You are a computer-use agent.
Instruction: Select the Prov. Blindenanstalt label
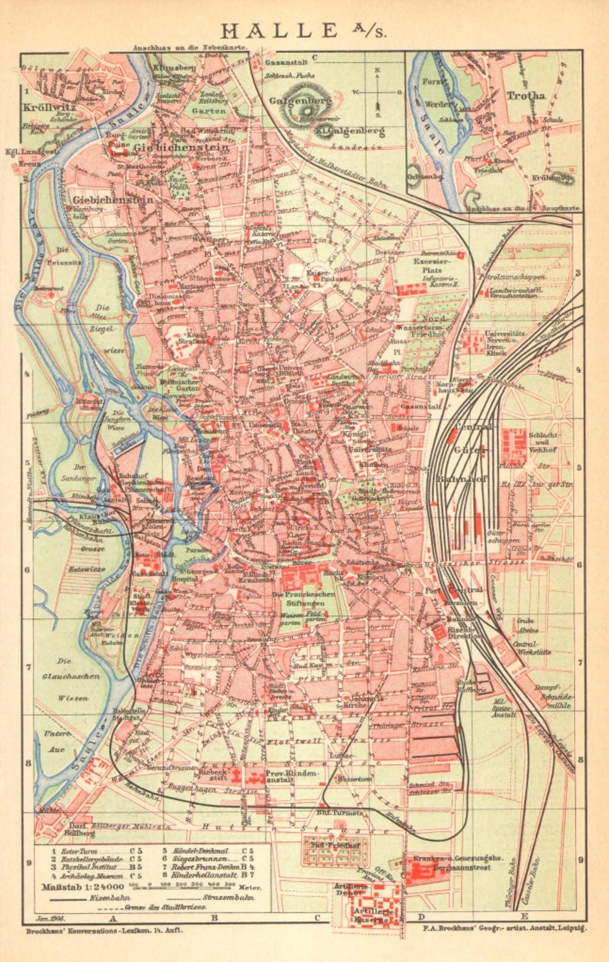pyautogui.click(x=293, y=777)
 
